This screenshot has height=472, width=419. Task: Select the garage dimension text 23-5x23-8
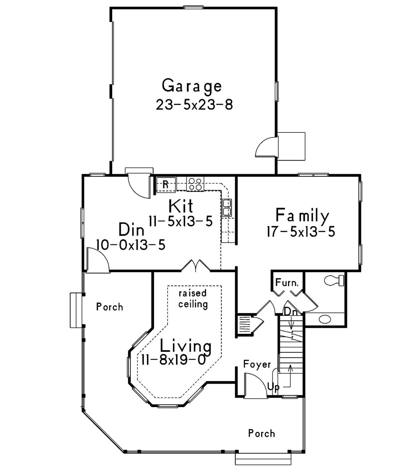tap(194, 105)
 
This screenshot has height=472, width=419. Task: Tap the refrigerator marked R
tap(166, 185)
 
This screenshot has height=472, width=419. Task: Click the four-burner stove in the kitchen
tap(195, 184)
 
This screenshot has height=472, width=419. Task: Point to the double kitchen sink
tap(227, 208)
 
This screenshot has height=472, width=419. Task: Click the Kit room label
tap(181, 206)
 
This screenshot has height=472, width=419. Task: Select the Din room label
tap(131, 229)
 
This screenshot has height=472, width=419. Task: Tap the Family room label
tap(302, 216)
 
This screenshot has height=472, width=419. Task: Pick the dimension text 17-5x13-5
tap(301, 232)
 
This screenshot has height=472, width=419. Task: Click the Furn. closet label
tap(287, 282)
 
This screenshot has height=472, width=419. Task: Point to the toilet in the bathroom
tap(334, 280)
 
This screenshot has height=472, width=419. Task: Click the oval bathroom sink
tap(325, 319)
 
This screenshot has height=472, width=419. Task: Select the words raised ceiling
tap(193, 299)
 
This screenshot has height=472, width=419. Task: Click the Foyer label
tap(257, 364)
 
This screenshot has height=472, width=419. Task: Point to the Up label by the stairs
tap(273, 387)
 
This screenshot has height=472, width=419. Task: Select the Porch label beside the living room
tap(110, 307)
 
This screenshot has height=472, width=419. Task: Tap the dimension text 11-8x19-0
tap(174, 360)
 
